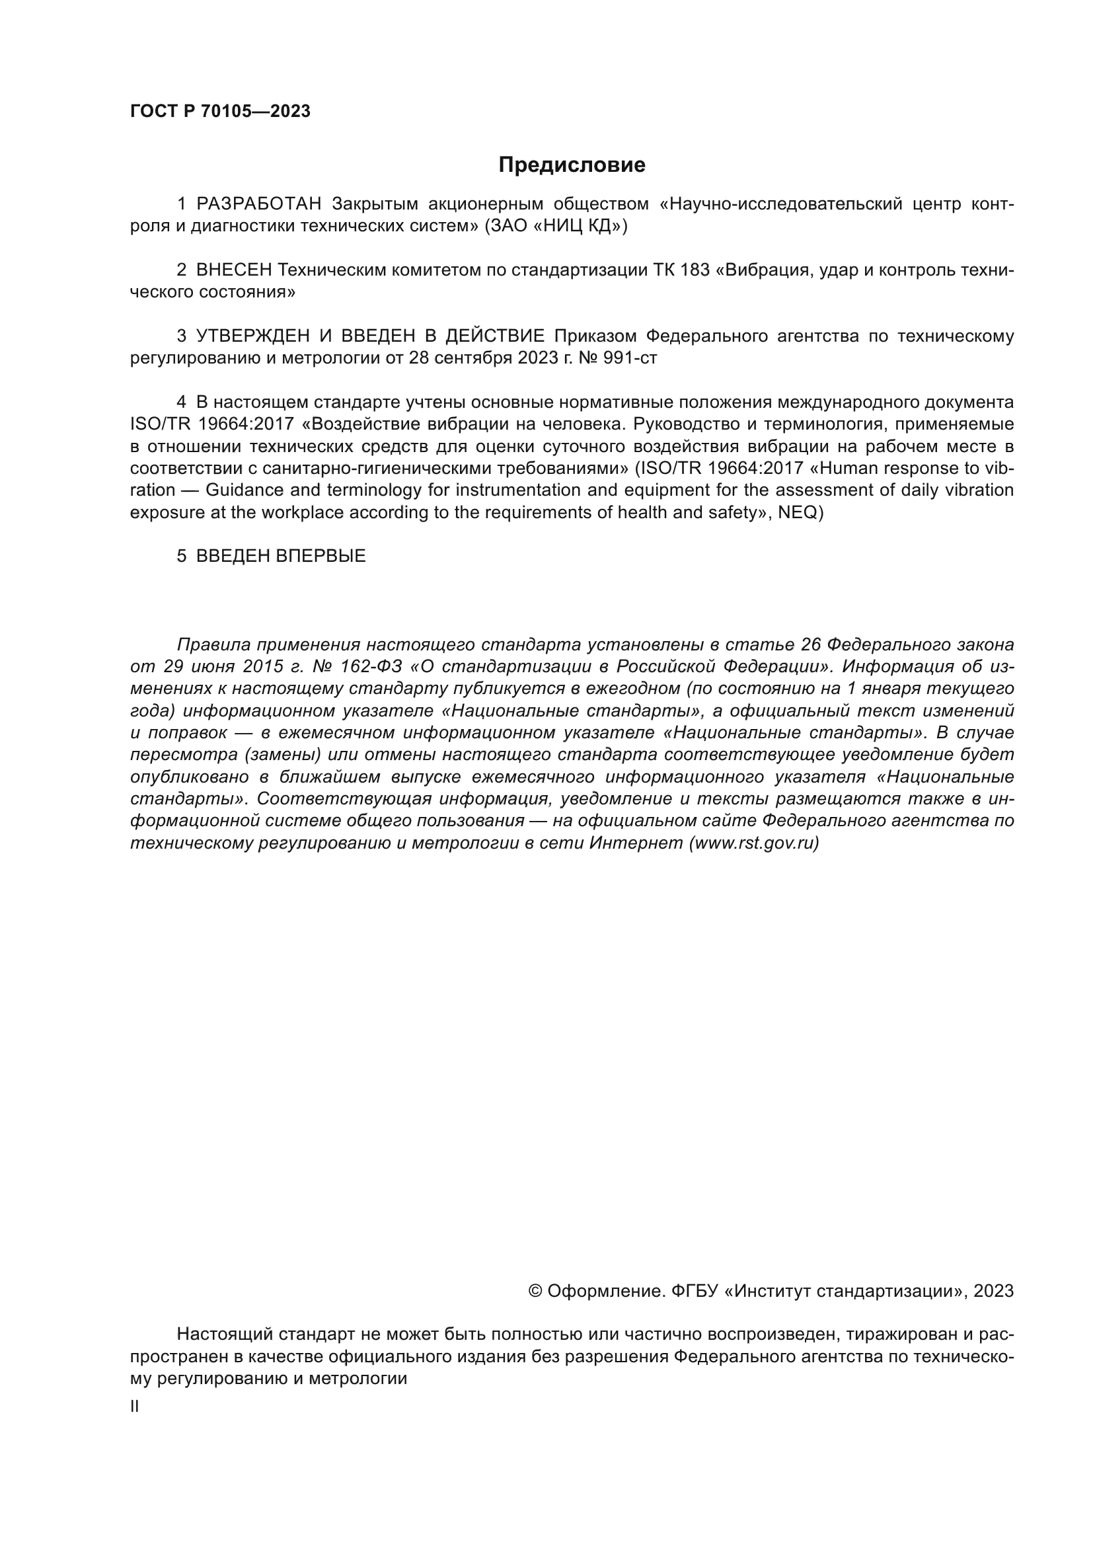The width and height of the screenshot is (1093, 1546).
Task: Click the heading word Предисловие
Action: pos(572,165)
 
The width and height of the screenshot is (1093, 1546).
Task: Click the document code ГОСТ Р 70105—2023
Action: pos(220,112)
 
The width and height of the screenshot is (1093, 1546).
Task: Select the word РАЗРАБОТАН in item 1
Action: pos(259,204)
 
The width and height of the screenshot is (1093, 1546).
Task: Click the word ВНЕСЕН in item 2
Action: pos(233,270)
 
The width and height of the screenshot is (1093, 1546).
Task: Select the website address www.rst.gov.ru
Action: pos(753,843)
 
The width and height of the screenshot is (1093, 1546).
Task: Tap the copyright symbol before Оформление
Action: pos(535,1292)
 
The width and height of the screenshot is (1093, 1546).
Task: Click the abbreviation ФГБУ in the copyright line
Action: pos(694,1292)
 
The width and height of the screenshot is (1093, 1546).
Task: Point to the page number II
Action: pos(135,1407)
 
